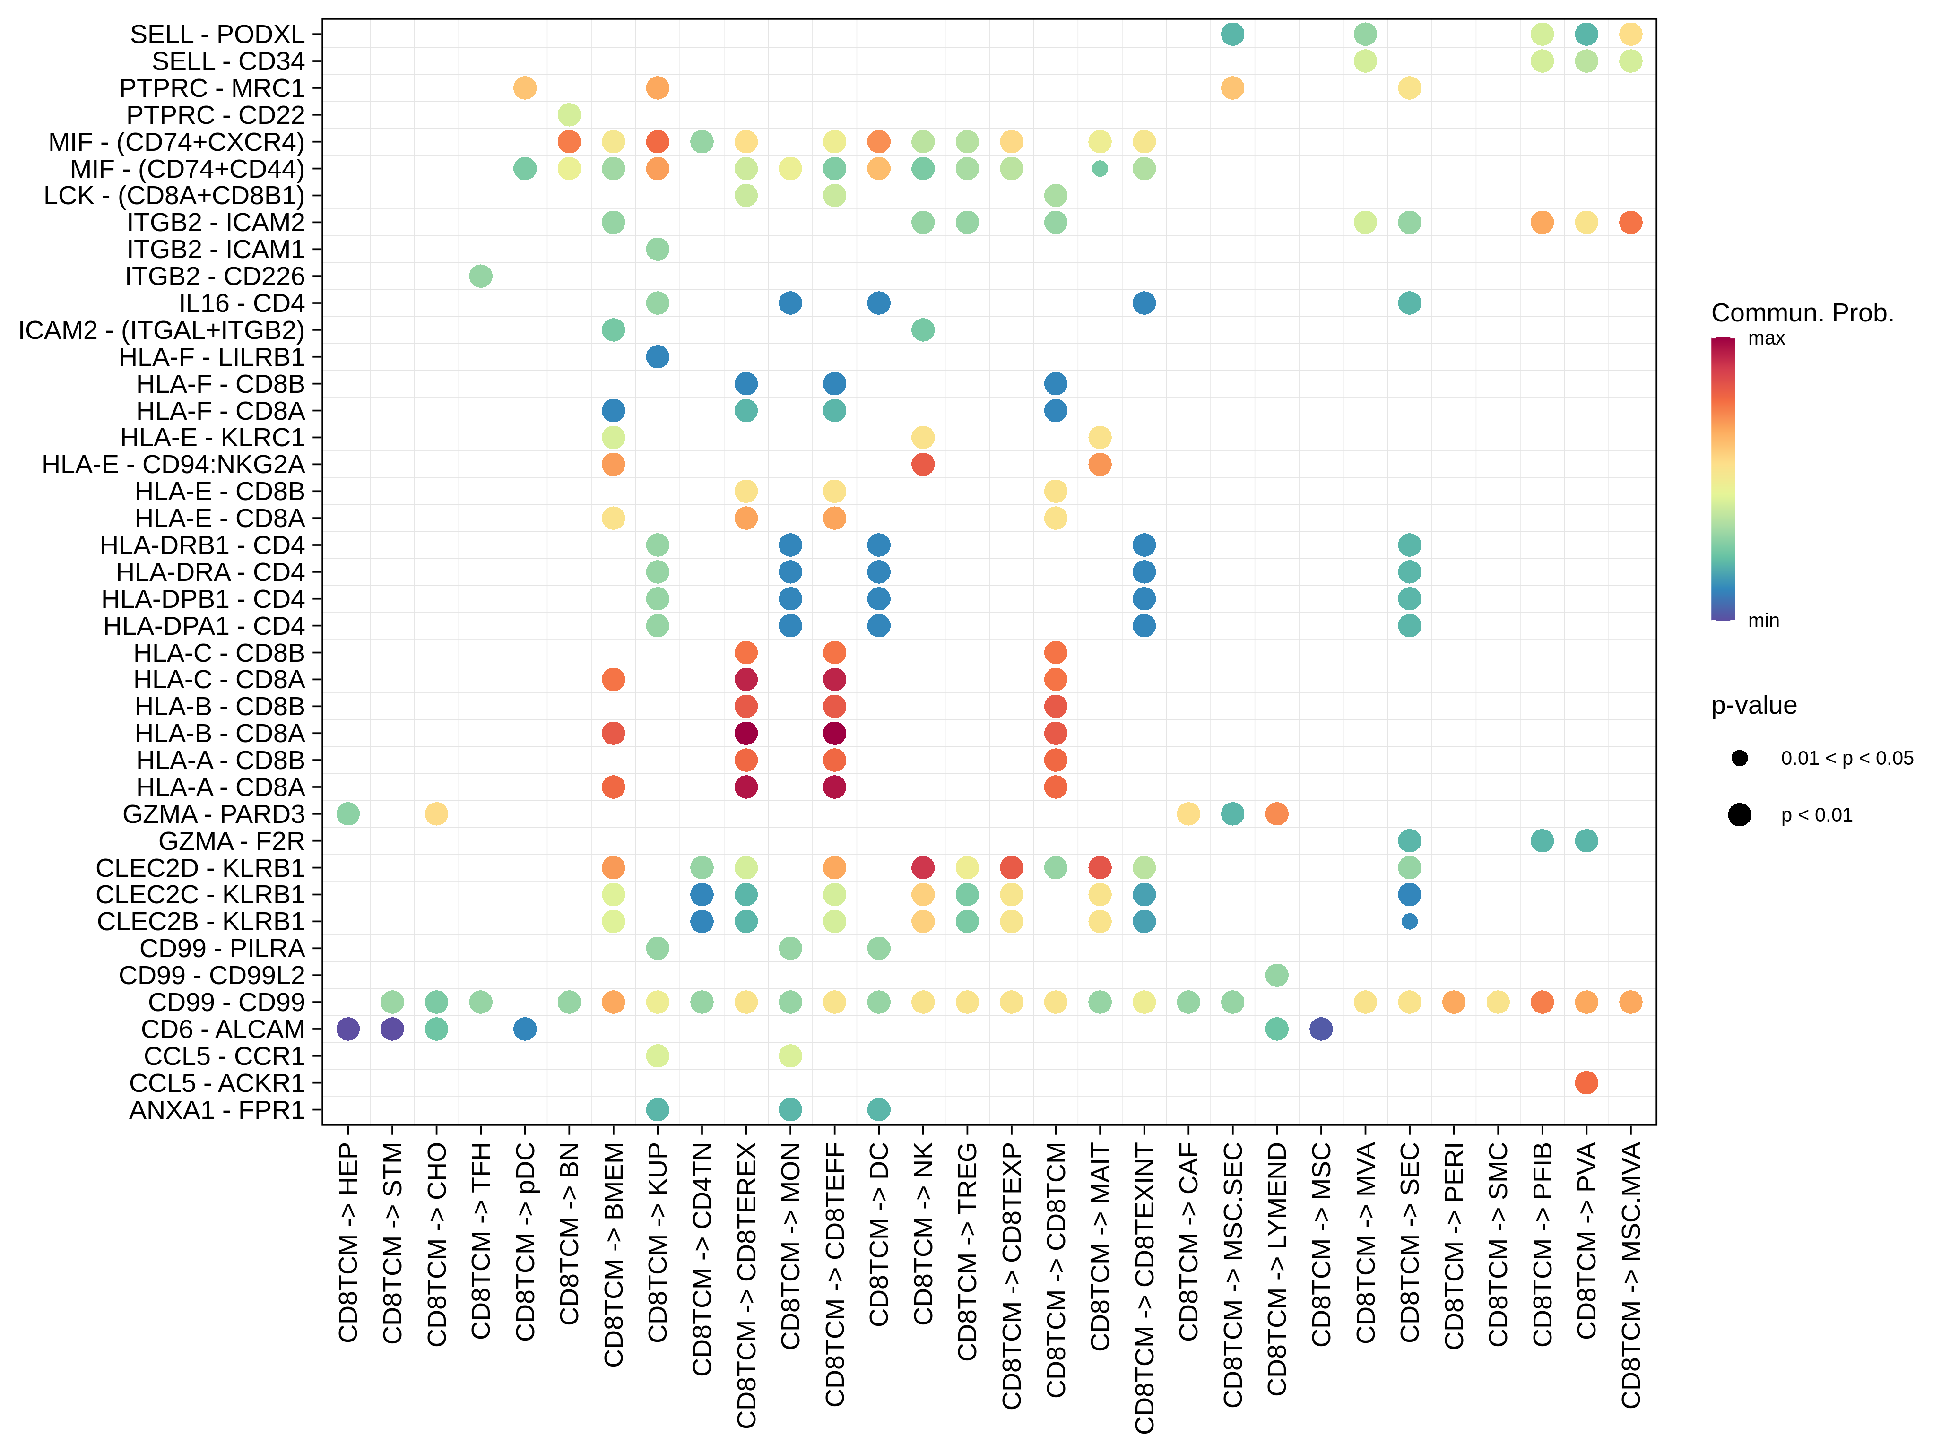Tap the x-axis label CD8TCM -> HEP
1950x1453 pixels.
point(348,1242)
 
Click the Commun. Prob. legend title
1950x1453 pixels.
point(1802,313)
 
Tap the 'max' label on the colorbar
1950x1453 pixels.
point(1766,338)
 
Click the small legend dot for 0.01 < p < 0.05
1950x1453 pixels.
point(1739,758)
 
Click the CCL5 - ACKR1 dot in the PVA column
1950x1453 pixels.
point(1586,1083)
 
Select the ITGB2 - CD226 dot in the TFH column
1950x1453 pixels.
point(480,276)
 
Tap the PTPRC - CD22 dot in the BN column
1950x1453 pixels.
point(569,115)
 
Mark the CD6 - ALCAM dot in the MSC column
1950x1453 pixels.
point(1320,1029)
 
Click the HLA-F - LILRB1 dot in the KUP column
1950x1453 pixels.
point(657,357)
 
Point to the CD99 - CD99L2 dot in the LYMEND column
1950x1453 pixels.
point(1276,976)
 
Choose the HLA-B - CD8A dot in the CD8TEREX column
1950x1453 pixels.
point(746,734)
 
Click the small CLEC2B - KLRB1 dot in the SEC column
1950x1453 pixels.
point(1409,922)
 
